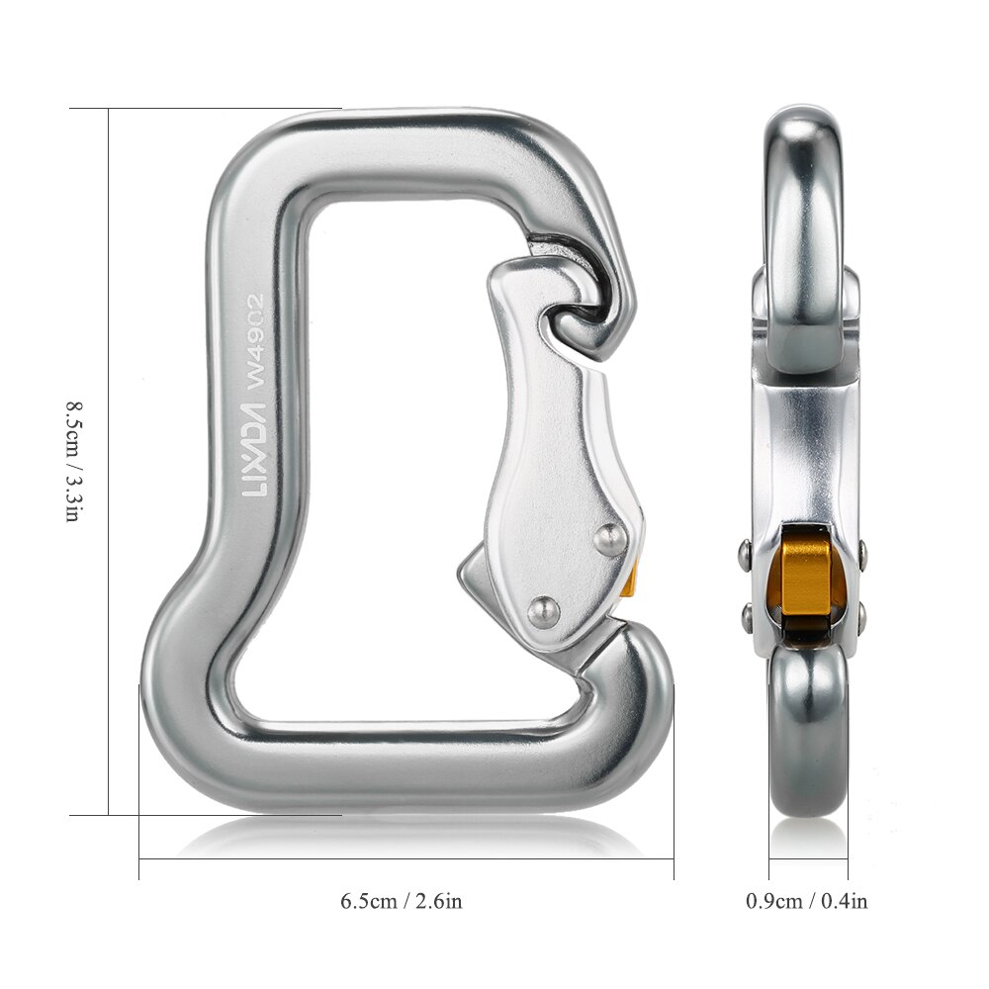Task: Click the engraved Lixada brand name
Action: tap(253, 463)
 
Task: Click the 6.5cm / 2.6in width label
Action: tap(402, 901)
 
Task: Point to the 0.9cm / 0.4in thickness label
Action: tap(807, 901)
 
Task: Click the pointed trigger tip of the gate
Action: tap(465, 573)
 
